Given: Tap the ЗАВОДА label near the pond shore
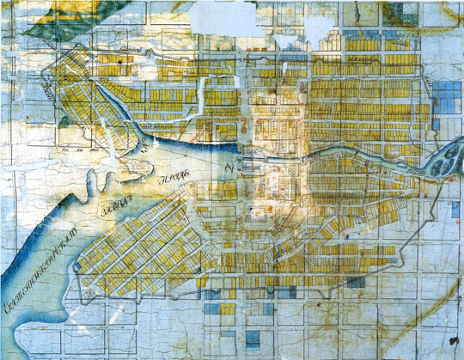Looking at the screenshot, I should tap(122, 202).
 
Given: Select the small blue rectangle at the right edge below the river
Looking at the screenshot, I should tap(455, 209).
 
